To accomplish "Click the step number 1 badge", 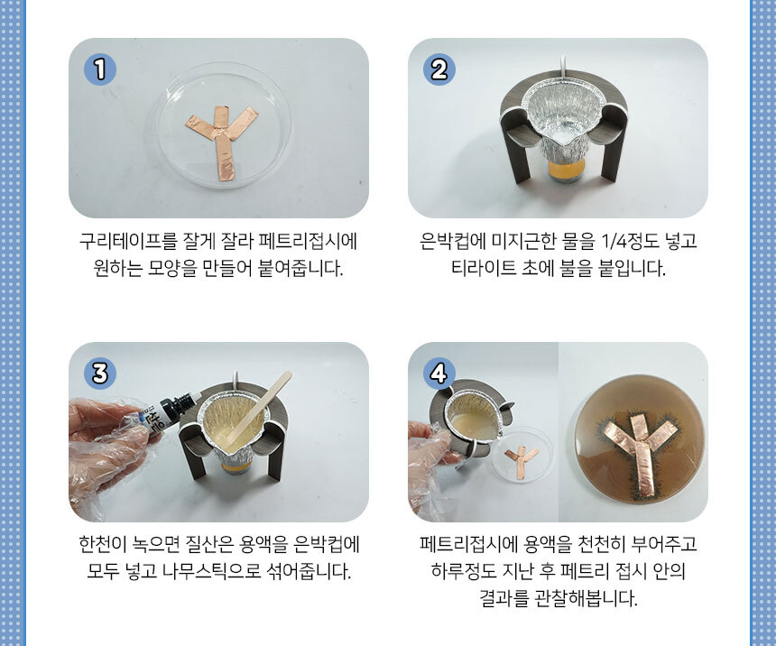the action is click(x=100, y=69).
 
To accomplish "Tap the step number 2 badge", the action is click(x=439, y=69).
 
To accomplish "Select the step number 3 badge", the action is click(x=100, y=374).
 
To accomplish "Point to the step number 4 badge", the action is click(x=439, y=374).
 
